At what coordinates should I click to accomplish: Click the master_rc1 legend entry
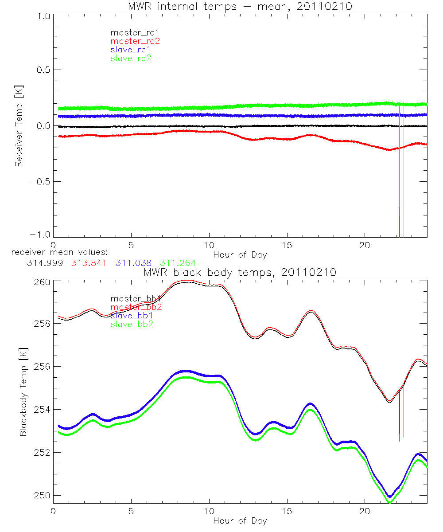[131, 32]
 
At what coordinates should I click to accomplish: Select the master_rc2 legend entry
[135, 41]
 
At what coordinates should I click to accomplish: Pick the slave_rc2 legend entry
[131, 58]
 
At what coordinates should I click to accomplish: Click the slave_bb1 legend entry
[132, 316]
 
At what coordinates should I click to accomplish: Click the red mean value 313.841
[89, 262]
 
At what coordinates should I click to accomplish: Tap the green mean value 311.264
[178, 262]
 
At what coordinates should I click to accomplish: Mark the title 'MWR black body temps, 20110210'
[240, 272]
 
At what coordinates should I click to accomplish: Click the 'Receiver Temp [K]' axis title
[19, 126]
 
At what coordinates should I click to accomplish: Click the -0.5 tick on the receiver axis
[39, 182]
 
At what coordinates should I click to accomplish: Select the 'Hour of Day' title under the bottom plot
[240, 520]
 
